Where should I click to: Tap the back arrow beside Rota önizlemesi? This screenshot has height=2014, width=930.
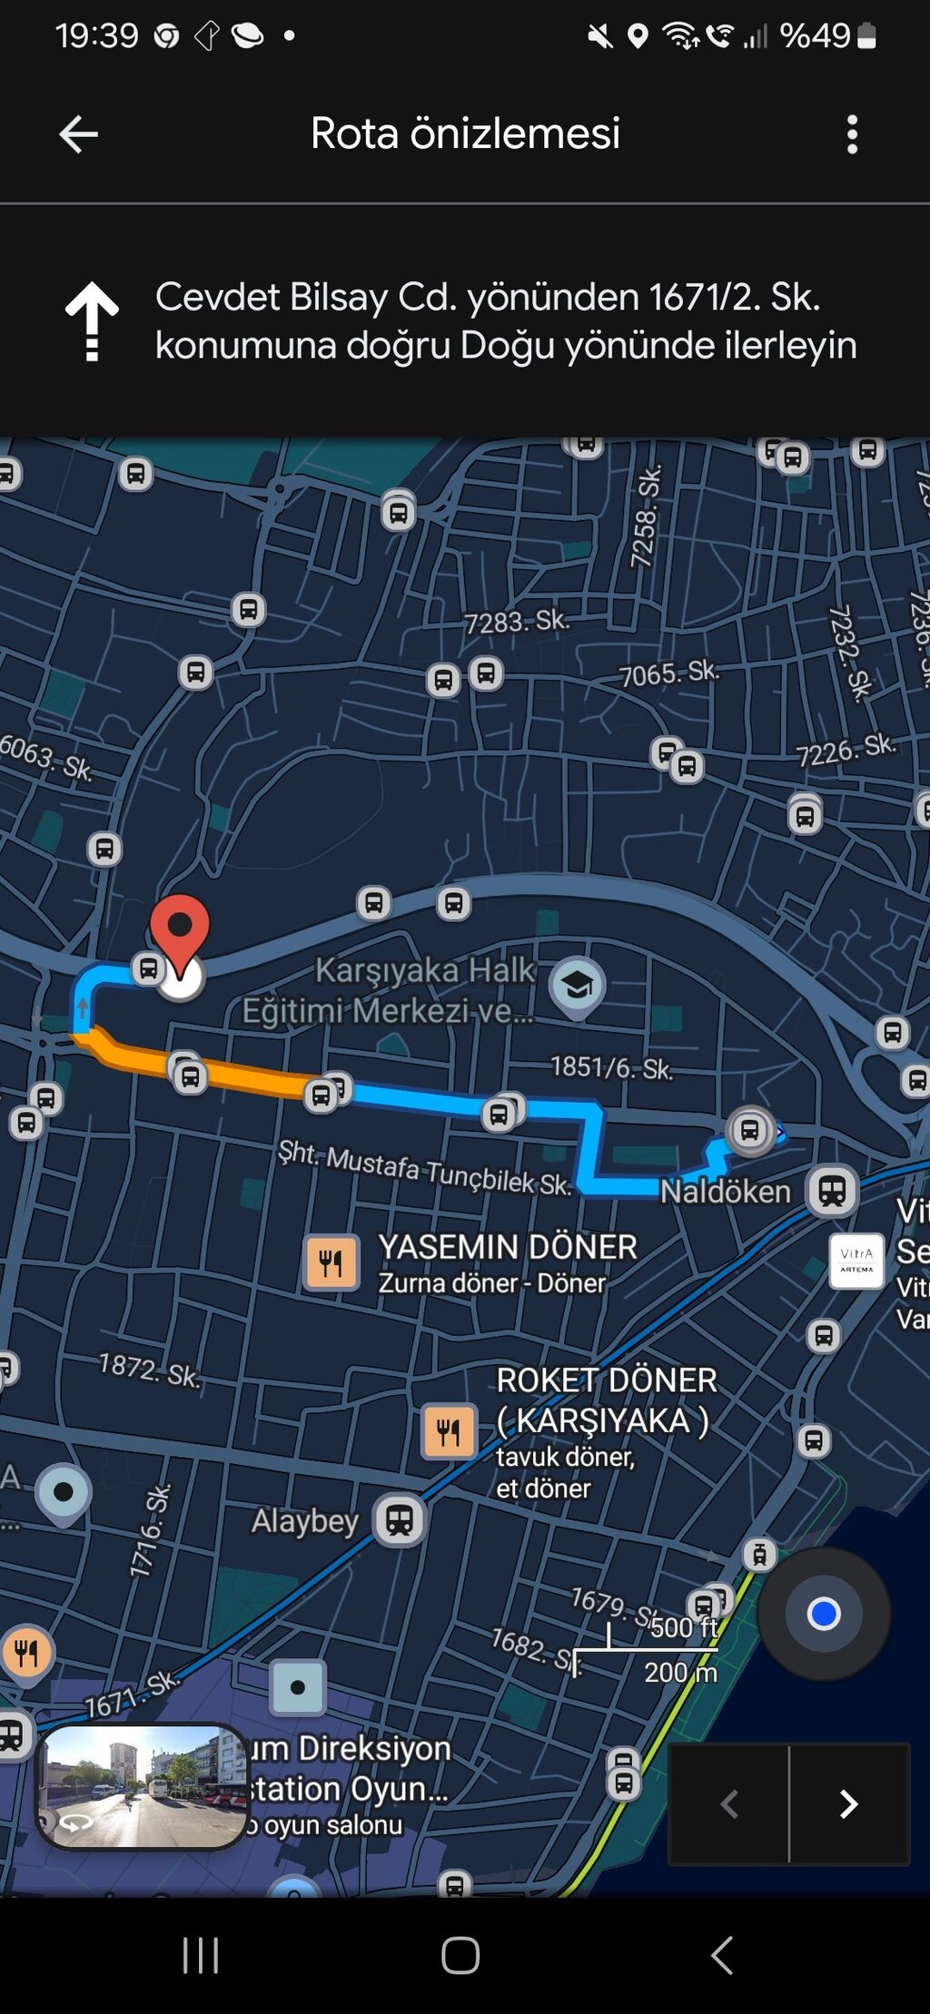(x=78, y=134)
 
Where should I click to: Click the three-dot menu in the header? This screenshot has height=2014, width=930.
(x=851, y=134)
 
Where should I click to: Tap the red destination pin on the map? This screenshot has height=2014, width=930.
(x=180, y=928)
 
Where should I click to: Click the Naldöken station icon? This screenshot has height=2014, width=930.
(x=832, y=1190)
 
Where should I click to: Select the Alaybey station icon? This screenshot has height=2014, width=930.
(x=400, y=1519)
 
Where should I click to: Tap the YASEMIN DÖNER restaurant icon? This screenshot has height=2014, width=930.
(x=331, y=1262)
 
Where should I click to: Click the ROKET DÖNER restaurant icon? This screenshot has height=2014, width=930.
(x=449, y=1432)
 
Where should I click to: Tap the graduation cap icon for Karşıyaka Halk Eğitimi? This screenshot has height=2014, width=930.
(x=577, y=985)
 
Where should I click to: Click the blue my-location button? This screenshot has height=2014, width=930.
(x=824, y=1614)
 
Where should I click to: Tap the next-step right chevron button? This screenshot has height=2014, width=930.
(x=849, y=1804)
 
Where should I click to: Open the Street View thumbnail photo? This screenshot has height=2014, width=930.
(x=142, y=1786)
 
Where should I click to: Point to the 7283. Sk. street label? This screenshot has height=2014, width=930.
(x=517, y=622)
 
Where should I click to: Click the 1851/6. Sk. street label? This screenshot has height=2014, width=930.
(x=611, y=1068)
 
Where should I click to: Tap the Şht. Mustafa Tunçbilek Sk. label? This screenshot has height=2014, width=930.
(x=424, y=1168)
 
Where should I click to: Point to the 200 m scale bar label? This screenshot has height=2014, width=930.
(x=680, y=1672)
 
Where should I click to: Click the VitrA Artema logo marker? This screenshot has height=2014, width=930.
(x=856, y=1261)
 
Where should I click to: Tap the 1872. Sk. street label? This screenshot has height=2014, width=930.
(x=149, y=1370)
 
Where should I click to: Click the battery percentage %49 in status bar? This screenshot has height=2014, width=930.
(x=815, y=36)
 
